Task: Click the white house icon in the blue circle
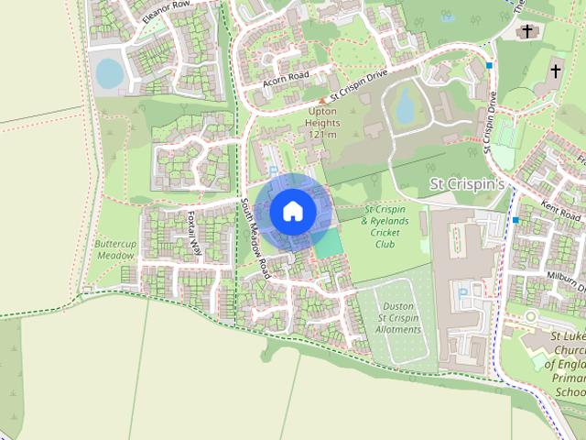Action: [293, 211]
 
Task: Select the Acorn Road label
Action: [287, 78]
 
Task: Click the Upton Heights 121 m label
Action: [323, 123]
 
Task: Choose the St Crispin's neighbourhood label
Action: [468, 185]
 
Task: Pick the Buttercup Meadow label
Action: [114, 250]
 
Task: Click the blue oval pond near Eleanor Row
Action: [109, 73]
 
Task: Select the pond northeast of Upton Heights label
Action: [405, 108]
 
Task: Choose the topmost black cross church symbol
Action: [526, 32]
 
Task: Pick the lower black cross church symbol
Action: [556, 71]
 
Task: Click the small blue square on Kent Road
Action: [516, 220]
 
